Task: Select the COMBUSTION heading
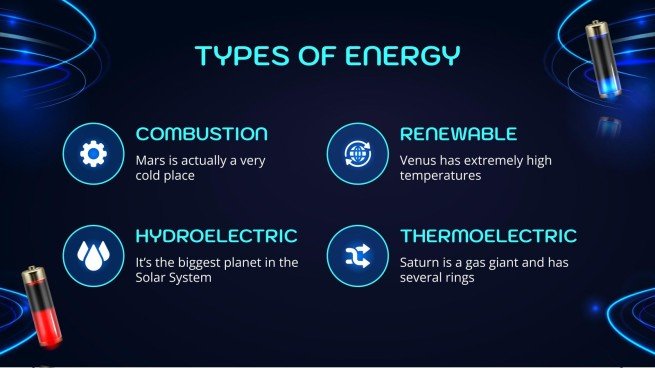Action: coord(201,134)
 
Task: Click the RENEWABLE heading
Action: coord(458,134)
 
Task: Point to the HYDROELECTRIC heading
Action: coord(216,237)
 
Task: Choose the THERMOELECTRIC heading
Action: coord(488,237)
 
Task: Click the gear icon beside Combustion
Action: coord(93,154)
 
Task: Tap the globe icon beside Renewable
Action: coord(357,154)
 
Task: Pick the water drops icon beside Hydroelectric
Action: coord(93,256)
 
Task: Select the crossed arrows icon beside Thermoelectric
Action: coord(357,256)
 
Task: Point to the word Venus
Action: coord(418,159)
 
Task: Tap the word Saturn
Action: coord(421,262)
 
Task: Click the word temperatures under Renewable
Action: coord(441,175)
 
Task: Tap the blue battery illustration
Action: coord(603,60)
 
